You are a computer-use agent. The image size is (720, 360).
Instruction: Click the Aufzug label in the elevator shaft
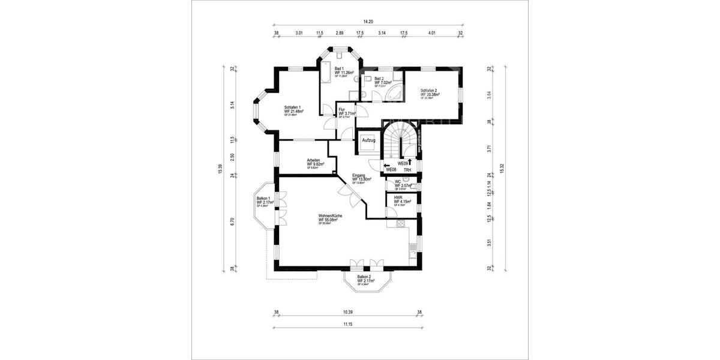click(x=368, y=140)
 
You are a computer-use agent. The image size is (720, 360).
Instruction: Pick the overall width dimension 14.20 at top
click(x=368, y=22)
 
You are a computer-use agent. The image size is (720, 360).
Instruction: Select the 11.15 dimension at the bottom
click(x=348, y=324)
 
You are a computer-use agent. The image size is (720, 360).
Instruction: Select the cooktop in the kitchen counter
click(x=397, y=224)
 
